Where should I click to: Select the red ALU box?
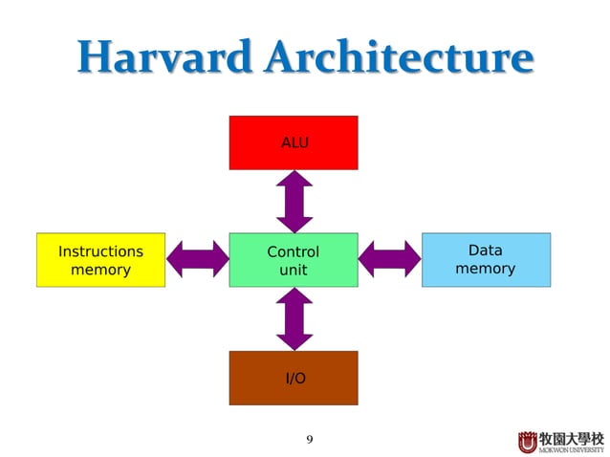tap(294, 142)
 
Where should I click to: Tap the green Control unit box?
tap(294, 260)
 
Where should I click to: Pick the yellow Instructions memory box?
tap(100, 260)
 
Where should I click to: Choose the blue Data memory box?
tap(486, 260)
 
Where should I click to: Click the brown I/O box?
tap(294, 378)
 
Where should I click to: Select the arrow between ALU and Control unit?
tap(294, 201)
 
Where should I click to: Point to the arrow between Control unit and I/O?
tap(294, 318)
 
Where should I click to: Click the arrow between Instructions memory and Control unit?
tap(197, 259)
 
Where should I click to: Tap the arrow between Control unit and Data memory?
tap(390, 259)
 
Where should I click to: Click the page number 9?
tap(309, 440)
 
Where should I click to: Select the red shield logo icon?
tap(528, 442)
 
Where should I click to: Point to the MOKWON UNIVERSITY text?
tap(572, 448)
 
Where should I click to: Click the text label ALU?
tap(294, 142)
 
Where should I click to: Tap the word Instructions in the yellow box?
tap(100, 251)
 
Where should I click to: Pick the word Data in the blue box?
tap(485, 250)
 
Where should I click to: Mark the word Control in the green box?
tap(293, 252)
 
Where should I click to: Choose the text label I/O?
tap(296, 379)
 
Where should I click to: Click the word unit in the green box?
tap(293, 271)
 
